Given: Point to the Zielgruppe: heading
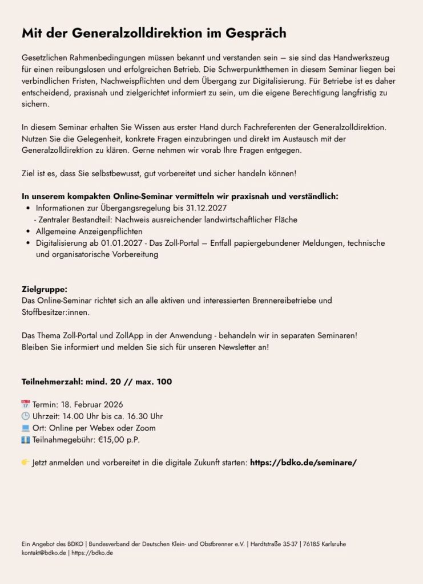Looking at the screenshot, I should (x=45, y=289).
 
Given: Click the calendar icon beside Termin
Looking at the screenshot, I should (x=25, y=405).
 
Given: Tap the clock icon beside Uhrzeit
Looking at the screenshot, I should (x=25, y=416).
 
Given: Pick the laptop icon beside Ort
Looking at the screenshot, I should (x=25, y=428).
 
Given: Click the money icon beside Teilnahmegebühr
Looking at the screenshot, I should (x=25, y=439).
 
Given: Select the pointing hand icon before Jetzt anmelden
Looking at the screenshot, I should (x=26, y=462).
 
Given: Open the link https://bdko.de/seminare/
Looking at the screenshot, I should (x=303, y=463).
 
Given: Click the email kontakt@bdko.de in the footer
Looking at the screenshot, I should (x=43, y=553).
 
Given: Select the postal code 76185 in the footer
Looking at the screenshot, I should (x=310, y=544).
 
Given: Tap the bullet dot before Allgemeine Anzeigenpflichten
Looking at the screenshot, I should (x=28, y=232).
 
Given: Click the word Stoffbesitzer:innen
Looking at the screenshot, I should (x=55, y=312).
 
